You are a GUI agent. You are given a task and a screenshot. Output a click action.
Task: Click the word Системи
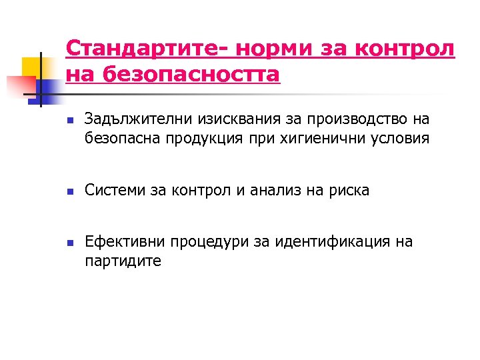(x=113, y=191)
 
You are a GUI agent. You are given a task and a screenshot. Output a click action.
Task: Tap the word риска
(x=348, y=191)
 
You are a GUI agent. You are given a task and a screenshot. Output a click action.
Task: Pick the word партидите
(x=123, y=261)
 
